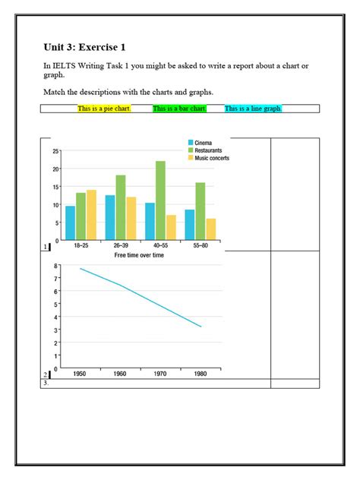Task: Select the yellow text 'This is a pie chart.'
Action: click(104, 109)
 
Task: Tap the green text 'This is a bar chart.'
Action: click(179, 109)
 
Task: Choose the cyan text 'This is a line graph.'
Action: click(254, 109)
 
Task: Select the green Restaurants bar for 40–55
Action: click(160, 201)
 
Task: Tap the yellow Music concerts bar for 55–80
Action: click(210, 229)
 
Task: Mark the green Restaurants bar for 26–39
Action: click(121, 207)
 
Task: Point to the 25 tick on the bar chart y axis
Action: click(55, 151)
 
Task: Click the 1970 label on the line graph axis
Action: click(159, 374)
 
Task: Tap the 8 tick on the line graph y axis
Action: click(55, 266)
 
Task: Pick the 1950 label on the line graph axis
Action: click(80, 374)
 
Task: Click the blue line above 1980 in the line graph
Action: click(201, 327)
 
